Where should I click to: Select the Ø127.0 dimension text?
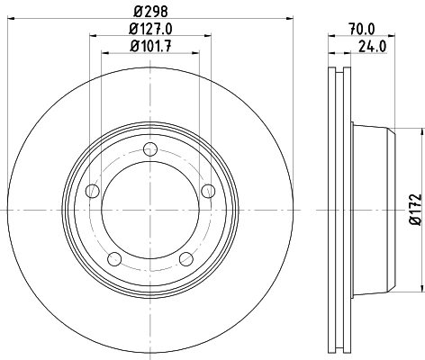tap(149, 30)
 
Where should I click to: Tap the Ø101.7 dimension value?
tap(149, 46)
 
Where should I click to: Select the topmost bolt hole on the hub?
tap(149, 150)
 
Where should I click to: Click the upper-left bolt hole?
tap(91, 191)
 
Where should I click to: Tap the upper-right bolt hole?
tap(208, 191)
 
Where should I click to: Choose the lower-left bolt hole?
tap(113, 259)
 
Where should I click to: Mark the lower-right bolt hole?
tap(186, 259)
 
